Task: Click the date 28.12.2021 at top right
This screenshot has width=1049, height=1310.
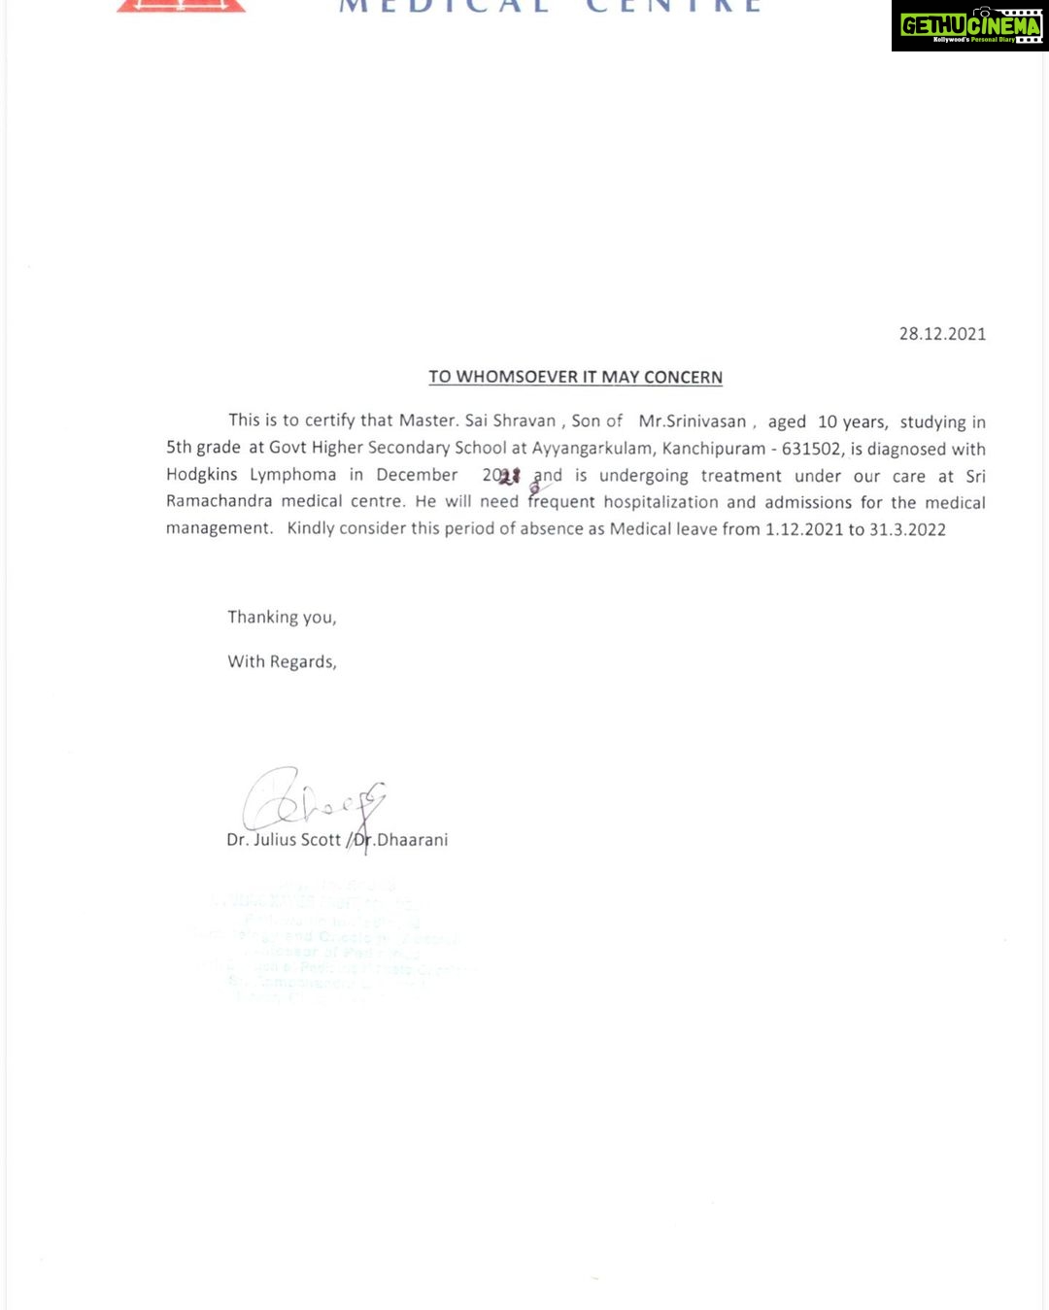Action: click(941, 334)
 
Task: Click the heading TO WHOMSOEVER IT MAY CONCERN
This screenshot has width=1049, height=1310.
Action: click(575, 377)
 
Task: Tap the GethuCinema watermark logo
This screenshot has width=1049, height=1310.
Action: click(969, 26)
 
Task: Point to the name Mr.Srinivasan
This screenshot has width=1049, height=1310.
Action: click(693, 421)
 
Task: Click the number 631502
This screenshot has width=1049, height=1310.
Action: click(811, 449)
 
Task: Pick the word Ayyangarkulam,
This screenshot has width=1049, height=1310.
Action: click(592, 449)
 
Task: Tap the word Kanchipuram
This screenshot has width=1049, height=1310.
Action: click(713, 449)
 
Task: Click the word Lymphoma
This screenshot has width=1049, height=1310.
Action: click(292, 475)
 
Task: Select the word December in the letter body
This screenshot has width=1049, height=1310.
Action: click(417, 475)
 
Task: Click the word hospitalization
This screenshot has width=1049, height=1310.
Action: click(660, 502)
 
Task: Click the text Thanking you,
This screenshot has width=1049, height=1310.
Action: click(282, 618)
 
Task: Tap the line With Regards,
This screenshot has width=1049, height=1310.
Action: click(282, 662)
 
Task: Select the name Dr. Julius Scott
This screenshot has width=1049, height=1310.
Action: click(284, 840)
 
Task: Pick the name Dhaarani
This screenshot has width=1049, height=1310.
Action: click(412, 840)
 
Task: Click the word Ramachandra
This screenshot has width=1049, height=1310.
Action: click(219, 501)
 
